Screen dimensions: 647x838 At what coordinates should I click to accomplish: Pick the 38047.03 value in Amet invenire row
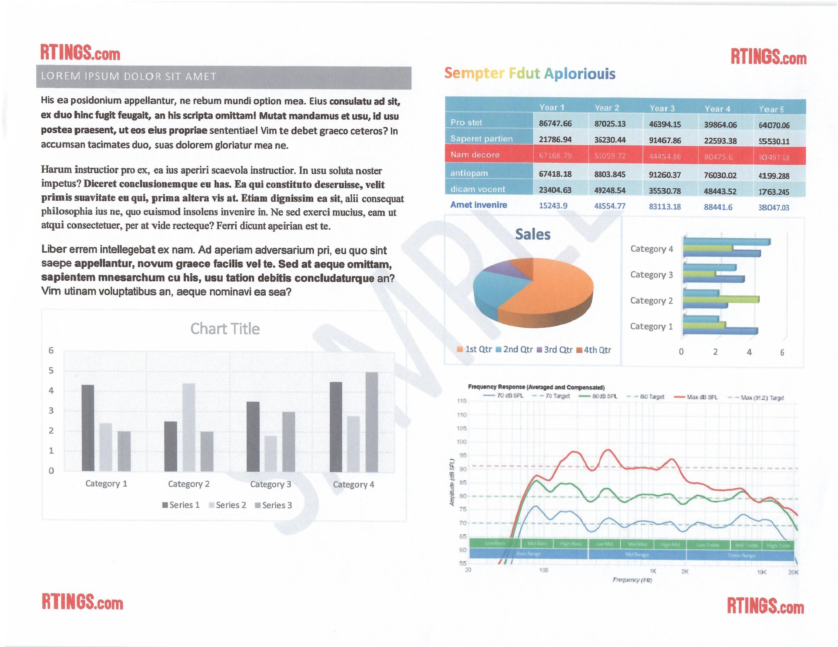774,207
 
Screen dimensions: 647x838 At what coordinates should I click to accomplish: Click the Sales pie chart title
532,234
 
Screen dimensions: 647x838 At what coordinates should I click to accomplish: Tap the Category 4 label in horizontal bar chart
651,249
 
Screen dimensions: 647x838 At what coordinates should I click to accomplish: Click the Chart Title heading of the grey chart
225,329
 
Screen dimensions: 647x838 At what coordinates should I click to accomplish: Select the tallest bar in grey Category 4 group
371,422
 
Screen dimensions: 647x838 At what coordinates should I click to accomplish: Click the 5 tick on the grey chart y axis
51,370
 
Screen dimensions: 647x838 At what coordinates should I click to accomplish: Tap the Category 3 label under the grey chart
271,484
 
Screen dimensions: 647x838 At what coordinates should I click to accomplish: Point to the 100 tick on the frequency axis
543,570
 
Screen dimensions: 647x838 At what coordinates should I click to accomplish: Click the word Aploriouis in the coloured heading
579,74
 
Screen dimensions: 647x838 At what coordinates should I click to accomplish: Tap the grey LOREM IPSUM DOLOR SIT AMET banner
224,77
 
